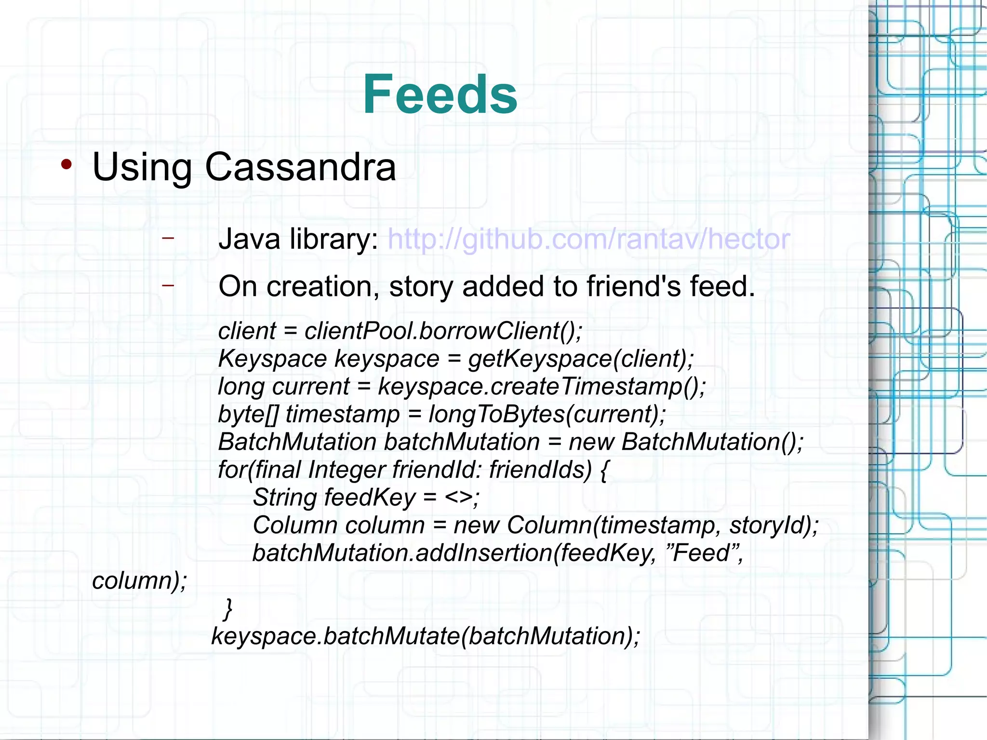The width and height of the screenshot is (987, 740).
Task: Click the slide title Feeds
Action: [440, 94]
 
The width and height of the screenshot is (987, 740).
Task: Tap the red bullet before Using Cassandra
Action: [67, 165]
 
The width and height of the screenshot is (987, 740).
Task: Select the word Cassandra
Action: [300, 167]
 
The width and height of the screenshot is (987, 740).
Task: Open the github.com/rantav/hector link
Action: [588, 239]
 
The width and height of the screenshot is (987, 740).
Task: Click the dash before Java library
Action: [168, 238]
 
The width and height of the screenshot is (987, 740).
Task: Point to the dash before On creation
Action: [168, 285]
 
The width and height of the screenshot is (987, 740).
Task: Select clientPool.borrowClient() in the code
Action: [442, 331]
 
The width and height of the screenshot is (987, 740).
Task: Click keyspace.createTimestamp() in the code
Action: [541, 387]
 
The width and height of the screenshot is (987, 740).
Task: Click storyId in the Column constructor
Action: [772, 525]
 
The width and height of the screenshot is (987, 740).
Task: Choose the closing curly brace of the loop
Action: [228, 608]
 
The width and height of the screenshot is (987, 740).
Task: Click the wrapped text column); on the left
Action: [139, 581]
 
